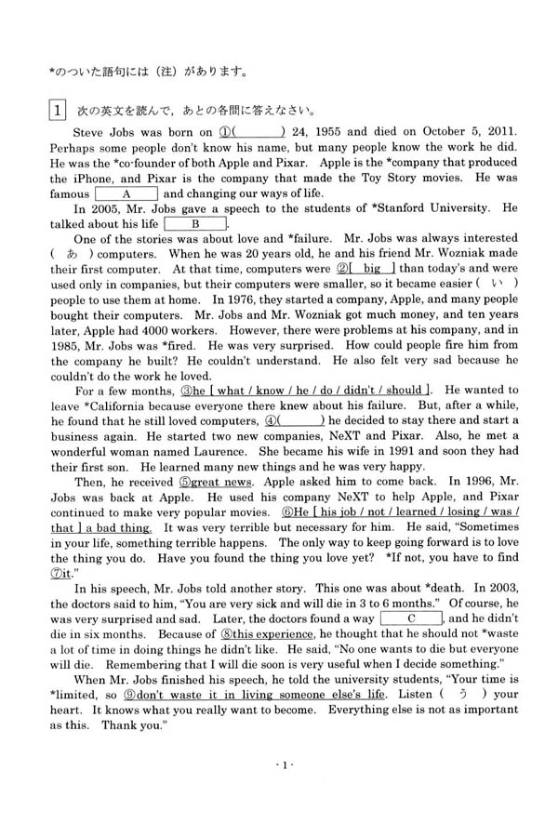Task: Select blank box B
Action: [x=196, y=224]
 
